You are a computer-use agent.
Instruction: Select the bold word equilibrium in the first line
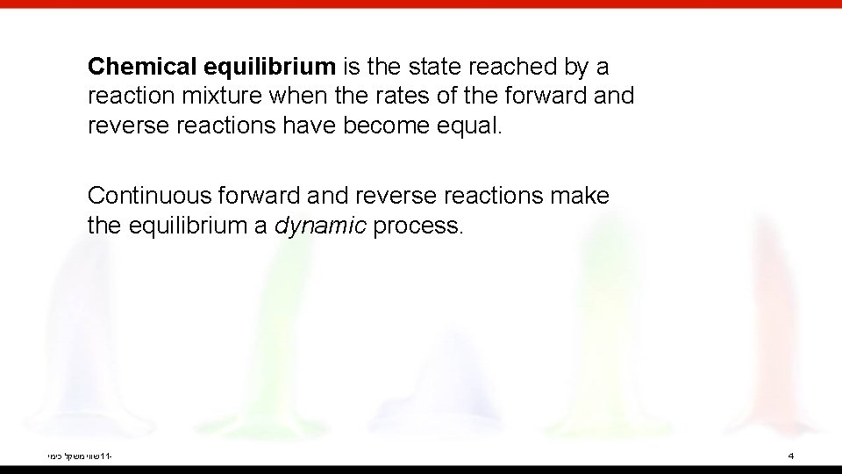(x=269, y=67)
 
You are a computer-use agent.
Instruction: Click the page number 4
(x=791, y=456)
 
